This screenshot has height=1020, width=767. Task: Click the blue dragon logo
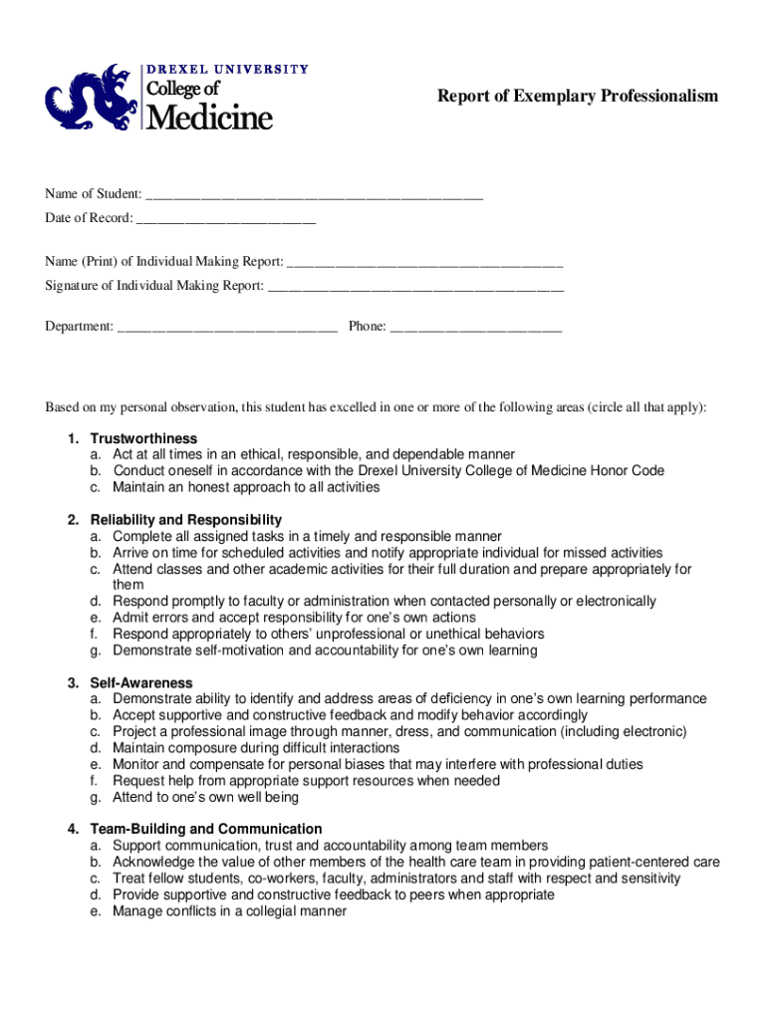[89, 99]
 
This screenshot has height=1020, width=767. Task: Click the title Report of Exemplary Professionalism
[578, 96]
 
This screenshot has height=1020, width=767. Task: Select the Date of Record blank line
[226, 219]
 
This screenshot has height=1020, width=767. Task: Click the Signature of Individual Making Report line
[416, 288]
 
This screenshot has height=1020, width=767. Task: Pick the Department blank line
[227, 328]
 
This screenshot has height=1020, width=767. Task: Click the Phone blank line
[476, 328]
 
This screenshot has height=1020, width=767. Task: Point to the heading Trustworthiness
[143, 438]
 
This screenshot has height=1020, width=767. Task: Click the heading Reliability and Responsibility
[186, 520]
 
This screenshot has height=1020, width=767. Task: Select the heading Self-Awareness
[141, 682]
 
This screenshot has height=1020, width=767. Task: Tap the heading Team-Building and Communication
[206, 829]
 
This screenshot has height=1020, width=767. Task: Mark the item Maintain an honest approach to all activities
[246, 487]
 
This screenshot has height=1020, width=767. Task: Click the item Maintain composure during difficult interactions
[256, 748]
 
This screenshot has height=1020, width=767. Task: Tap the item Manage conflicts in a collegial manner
[229, 910]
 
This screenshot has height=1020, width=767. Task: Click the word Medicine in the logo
[210, 119]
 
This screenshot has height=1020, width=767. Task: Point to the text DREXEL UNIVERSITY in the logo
[228, 69]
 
